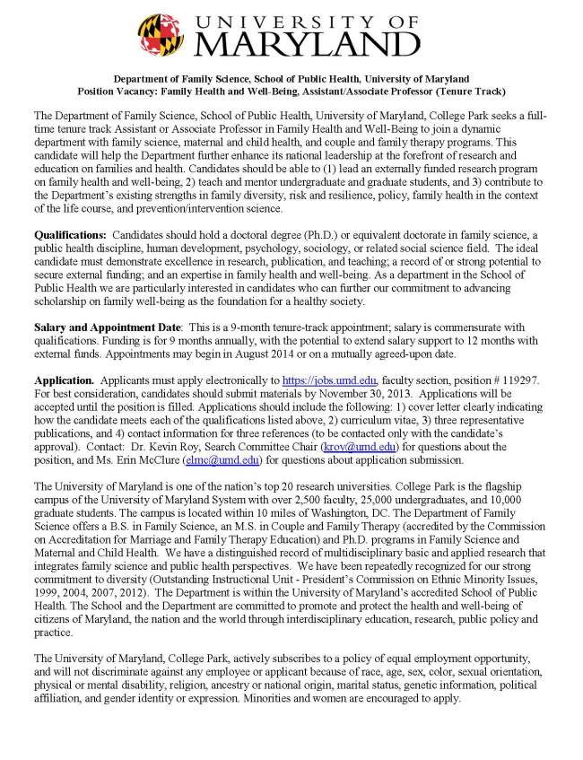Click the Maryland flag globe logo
161,35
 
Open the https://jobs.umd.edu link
329,380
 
